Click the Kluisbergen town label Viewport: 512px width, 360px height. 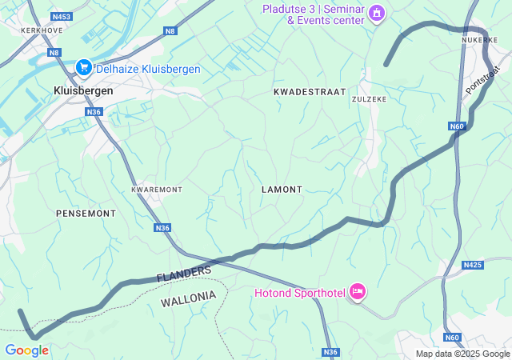[83, 90]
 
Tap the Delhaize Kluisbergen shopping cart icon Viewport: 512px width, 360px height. [83, 69]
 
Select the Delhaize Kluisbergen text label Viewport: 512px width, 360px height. [148, 69]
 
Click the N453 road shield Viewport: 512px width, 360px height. [60, 16]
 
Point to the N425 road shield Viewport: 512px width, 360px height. [473, 264]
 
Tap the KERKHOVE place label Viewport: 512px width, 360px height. [42, 30]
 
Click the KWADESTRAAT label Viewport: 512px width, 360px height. [310, 92]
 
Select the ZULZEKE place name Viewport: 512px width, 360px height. [370, 99]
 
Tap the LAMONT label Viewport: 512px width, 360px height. [282, 190]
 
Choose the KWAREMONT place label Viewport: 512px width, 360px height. [157, 190]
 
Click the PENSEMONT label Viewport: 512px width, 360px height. [86, 214]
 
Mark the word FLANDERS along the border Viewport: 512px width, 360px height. [184, 274]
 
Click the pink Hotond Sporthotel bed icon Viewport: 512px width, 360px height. [357, 293]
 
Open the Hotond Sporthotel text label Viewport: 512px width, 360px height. [300, 293]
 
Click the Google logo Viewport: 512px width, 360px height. [26, 350]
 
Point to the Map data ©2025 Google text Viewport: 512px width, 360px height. [462, 354]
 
